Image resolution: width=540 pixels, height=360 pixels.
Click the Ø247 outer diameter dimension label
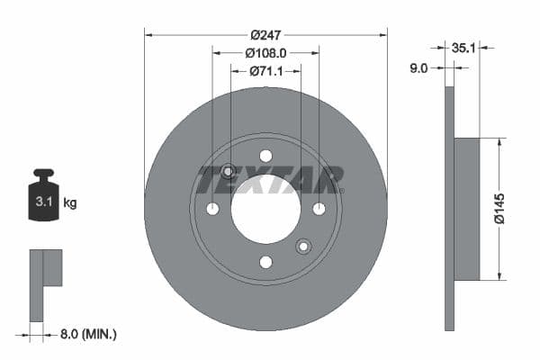[265, 34]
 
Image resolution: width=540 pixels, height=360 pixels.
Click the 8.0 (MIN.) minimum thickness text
[87, 334]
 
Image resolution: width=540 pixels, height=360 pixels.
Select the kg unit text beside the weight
[70, 203]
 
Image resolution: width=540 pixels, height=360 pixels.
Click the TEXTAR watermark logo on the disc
[270, 179]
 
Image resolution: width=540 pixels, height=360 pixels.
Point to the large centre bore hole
[265, 209]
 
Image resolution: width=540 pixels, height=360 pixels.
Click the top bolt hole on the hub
[265, 156]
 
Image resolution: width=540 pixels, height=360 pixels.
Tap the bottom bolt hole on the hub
[265, 262]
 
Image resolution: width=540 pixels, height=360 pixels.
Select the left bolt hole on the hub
[212, 209]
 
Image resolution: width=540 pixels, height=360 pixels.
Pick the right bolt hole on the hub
[319, 209]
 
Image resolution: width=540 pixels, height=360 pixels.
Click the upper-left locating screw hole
[228, 171]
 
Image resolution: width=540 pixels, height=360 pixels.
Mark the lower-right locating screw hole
[303, 246]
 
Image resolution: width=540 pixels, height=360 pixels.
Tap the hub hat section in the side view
[466, 209]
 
